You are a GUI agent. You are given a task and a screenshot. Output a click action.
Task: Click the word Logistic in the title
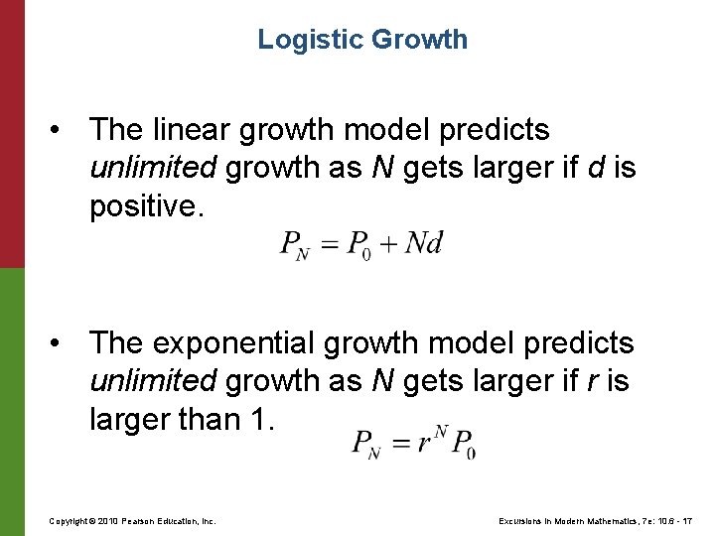point(311,40)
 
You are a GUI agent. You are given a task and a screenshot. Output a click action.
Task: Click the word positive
point(143,207)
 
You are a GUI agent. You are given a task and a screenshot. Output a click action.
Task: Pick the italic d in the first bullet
point(594,169)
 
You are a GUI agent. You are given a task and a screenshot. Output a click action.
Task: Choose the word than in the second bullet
point(197,420)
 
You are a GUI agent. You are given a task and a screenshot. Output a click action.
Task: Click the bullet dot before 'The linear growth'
point(63,130)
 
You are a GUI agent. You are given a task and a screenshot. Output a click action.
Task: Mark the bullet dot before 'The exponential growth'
point(63,343)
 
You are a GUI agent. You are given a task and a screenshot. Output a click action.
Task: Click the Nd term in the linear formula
point(423,244)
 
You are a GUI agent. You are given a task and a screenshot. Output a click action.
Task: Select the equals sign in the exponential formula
point(398,444)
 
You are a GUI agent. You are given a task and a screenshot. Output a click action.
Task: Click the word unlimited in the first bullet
point(152,169)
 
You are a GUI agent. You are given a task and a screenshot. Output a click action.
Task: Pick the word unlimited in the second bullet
point(152,382)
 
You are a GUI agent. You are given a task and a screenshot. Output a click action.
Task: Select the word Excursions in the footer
point(513,521)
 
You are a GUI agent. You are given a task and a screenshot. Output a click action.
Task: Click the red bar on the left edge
point(12,134)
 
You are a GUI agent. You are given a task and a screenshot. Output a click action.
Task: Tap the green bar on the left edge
point(12,402)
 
